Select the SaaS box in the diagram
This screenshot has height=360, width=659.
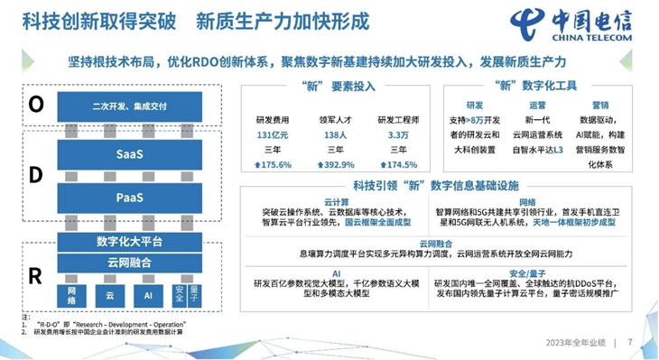(x=129, y=154)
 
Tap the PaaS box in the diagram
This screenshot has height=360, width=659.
(x=129, y=197)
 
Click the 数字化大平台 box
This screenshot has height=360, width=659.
(x=129, y=241)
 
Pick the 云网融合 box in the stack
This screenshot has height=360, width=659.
(x=129, y=262)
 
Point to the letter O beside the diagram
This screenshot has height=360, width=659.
(x=35, y=106)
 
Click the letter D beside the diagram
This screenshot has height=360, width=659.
(x=35, y=176)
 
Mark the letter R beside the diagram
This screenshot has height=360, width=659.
(x=35, y=276)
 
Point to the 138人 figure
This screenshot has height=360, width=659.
(x=334, y=135)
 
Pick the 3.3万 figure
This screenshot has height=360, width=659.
(x=397, y=135)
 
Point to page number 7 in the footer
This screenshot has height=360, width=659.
(x=630, y=343)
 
